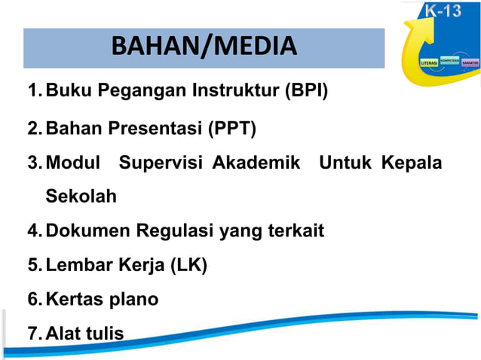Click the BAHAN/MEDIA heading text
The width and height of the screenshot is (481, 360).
click(x=204, y=47)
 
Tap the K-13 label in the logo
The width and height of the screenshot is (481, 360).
click(x=444, y=11)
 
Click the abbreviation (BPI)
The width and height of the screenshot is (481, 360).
click(x=306, y=93)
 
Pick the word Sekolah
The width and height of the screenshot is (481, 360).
click(x=81, y=197)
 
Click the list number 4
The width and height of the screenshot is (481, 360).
click(x=33, y=230)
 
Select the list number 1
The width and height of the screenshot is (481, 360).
click(x=33, y=93)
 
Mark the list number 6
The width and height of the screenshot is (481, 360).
click(x=33, y=300)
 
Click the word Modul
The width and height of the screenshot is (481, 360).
click(x=73, y=163)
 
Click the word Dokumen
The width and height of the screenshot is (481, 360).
click(x=82, y=230)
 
